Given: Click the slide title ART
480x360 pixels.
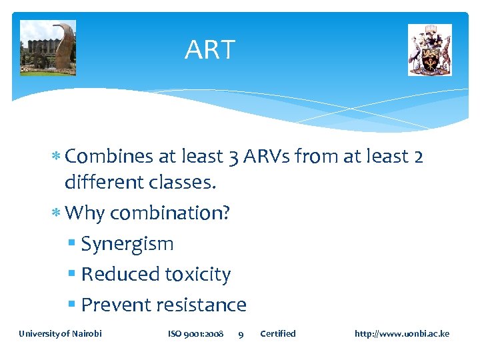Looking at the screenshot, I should [x=210, y=50].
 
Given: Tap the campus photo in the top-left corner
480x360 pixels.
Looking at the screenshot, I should [x=48, y=48].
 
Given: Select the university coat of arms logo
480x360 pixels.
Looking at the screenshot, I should [x=429, y=50].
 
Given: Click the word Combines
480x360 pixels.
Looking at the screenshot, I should [x=110, y=156].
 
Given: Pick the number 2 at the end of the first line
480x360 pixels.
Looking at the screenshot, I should [x=417, y=156].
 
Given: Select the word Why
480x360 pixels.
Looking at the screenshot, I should [x=85, y=213].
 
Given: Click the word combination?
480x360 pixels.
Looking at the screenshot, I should [x=170, y=213].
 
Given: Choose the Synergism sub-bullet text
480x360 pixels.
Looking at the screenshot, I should [x=127, y=244].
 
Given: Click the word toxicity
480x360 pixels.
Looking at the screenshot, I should [x=198, y=274].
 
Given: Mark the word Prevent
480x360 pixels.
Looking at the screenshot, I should [x=115, y=305].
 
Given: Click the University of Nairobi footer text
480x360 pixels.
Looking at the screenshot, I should [x=60, y=333].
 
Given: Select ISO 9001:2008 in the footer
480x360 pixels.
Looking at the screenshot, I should [x=195, y=333].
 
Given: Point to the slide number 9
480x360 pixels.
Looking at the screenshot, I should [x=241, y=334].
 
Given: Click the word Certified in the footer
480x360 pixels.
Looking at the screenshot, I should [x=277, y=333].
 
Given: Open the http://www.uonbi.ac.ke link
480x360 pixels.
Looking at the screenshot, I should [x=402, y=333].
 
